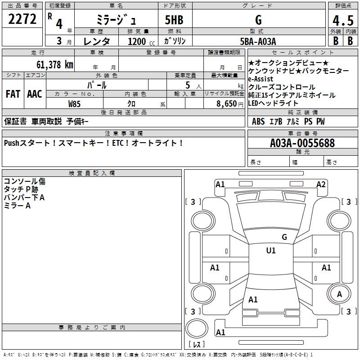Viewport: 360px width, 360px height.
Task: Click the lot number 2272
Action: pos(22,19)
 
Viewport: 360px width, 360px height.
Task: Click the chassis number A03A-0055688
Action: pos(302,144)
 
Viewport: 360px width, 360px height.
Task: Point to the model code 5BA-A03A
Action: pos(258,41)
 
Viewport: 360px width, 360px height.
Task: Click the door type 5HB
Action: pos(174,20)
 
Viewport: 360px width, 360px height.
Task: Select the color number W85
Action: pos(75,103)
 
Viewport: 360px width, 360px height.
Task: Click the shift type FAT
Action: pos(13,94)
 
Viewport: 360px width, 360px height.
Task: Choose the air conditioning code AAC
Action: pos(35,94)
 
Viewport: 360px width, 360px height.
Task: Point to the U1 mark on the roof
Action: pos(270,251)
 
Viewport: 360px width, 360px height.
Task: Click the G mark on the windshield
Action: pos(284,237)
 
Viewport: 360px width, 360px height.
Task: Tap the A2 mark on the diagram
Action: pos(321,184)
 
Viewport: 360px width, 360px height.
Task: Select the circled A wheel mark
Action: pos(339,294)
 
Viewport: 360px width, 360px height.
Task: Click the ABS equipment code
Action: pos(258,121)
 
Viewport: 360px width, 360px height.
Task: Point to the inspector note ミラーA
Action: pos(17,206)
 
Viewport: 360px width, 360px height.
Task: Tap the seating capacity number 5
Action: pos(187,85)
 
